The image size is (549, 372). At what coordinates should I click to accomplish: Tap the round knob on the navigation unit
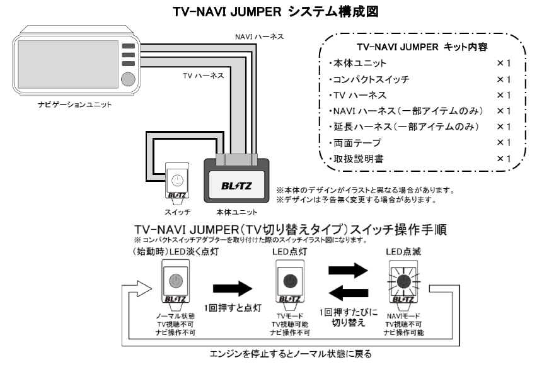coord(128,79)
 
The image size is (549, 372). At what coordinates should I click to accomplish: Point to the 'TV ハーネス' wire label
coord(203,76)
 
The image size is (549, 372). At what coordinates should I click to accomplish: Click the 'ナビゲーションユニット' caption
coord(74,104)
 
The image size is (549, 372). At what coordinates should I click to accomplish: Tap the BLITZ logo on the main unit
coord(236,186)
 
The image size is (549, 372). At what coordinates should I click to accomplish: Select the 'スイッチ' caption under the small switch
coord(177,212)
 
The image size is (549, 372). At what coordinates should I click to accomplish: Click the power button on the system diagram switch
coord(178,179)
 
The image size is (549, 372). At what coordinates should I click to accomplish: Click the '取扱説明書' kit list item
coord(356,159)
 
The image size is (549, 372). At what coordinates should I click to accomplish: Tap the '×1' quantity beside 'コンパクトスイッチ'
coord(503,79)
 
